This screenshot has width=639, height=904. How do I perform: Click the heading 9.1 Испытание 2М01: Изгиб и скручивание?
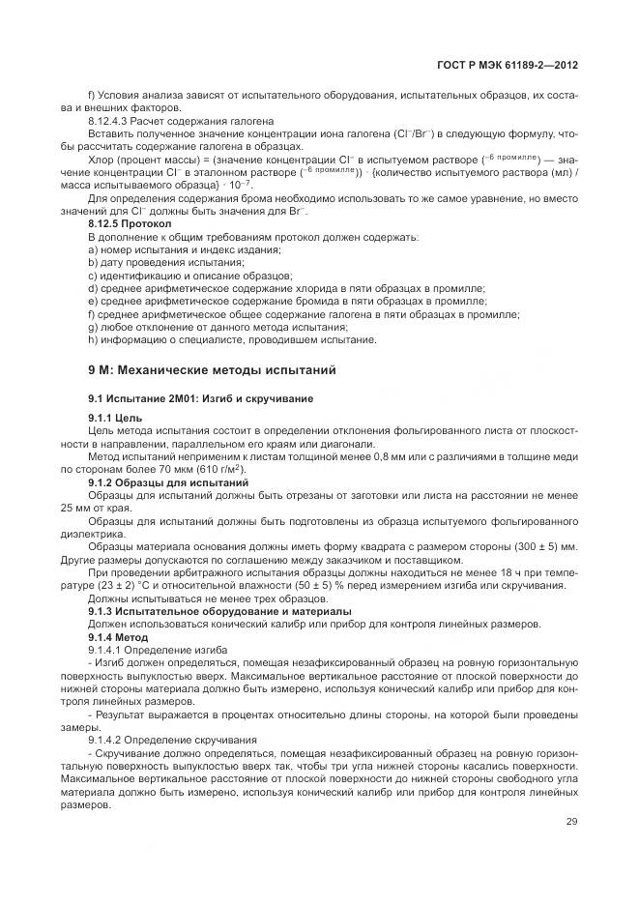point(179,398)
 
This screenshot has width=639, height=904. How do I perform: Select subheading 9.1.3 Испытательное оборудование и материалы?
point(219,611)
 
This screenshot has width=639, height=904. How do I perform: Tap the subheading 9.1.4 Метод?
point(118,637)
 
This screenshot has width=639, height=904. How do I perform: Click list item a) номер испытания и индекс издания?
point(184,249)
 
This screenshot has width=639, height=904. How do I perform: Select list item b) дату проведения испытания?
point(165,262)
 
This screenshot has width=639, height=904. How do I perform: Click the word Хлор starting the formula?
point(102,159)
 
